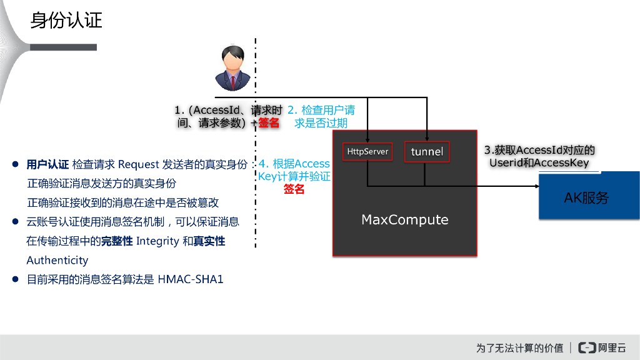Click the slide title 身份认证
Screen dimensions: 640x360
click(66, 21)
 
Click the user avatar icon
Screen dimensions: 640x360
click(232, 69)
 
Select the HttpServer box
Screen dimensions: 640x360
click(367, 151)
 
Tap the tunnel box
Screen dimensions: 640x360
click(427, 152)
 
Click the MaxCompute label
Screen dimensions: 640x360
click(405, 220)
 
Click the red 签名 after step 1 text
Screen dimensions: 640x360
click(269, 123)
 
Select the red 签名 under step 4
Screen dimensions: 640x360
click(294, 189)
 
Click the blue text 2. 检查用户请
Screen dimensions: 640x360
click(321, 111)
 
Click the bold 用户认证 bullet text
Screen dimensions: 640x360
click(47, 165)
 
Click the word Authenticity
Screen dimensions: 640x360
click(57, 260)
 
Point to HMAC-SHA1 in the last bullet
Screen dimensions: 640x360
click(190, 279)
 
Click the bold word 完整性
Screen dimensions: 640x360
click(117, 241)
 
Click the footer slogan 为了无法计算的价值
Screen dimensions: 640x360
click(519, 347)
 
